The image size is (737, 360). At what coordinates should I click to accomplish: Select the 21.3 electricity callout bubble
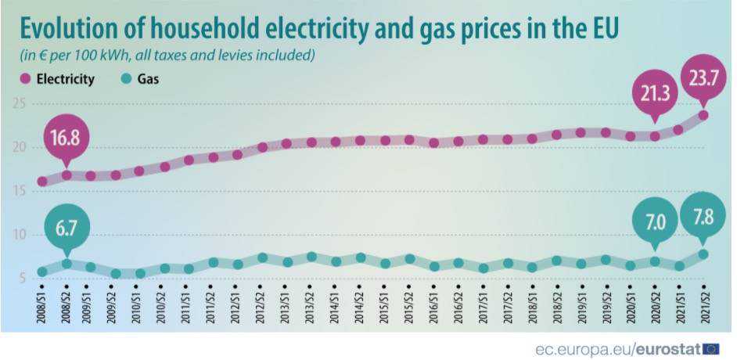coord(654,96)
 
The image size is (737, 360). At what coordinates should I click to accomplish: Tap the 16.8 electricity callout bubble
coord(67,139)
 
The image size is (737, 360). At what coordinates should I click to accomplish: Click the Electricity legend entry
coord(58,79)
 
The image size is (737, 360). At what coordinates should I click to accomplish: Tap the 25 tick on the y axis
coord(20,104)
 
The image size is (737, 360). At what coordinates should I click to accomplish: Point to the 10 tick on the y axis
coord(20,235)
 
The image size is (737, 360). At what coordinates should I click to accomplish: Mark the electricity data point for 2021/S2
coord(703,115)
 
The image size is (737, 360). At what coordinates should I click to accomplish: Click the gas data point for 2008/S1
coord(42,272)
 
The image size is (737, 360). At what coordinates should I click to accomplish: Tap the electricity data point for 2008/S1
coord(42,182)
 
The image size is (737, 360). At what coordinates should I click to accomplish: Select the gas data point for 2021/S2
coord(703,254)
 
